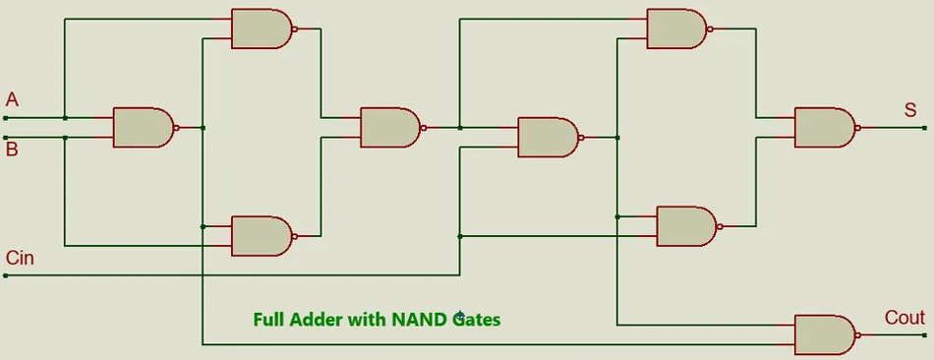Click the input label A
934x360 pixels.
click(x=12, y=99)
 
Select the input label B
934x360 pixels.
click(x=12, y=150)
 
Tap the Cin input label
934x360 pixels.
click(x=20, y=258)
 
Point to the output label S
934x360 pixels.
click(x=910, y=110)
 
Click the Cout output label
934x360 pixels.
click(x=905, y=318)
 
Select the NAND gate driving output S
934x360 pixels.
click(x=823, y=128)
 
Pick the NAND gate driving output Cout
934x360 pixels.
click(x=823, y=334)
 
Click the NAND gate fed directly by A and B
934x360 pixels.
click(x=143, y=128)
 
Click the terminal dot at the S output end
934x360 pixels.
click(x=925, y=128)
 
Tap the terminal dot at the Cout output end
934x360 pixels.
click(x=925, y=334)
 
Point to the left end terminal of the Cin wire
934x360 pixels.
click(x=5, y=275)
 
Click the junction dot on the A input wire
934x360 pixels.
click(x=65, y=118)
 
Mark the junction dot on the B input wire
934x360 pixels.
click(x=65, y=138)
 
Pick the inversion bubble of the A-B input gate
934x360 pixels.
click(x=177, y=128)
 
